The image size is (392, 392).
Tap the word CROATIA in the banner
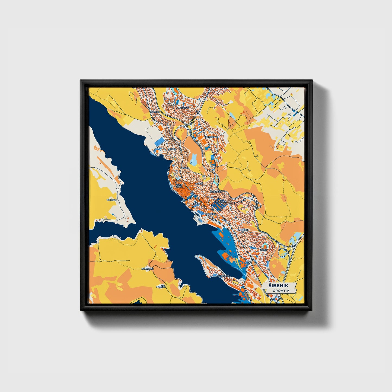pyautogui.click(x=281, y=291)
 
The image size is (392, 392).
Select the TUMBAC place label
pyautogui.click(x=111, y=200)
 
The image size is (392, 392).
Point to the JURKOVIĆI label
pyautogui.click(x=148, y=269)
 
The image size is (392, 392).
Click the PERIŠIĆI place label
pyautogui.click(x=161, y=286)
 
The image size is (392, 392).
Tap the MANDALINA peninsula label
pyautogui.click(x=223, y=276)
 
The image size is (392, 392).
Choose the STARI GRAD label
pyautogui.click(x=179, y=186)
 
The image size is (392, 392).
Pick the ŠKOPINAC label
pyautogui.click(x=216, y=192)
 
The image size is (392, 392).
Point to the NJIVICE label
pyautogui.click(x=155, y=112)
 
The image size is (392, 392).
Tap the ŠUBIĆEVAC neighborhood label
pyautogui.click(x=212, y=137)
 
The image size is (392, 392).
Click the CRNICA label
pyautogui.click(x=172, y=149)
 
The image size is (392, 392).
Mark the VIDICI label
pyautogui.click(x=263, y=249)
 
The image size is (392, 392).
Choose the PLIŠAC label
pyautogui.click(x=196, y=203)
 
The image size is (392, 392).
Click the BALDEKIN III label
pyautogui.click(x=243, y=230)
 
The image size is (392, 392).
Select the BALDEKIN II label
pyautogui.click(x=221, y=202)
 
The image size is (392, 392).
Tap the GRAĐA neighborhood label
pyautogui.click(x=185, y=168)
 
